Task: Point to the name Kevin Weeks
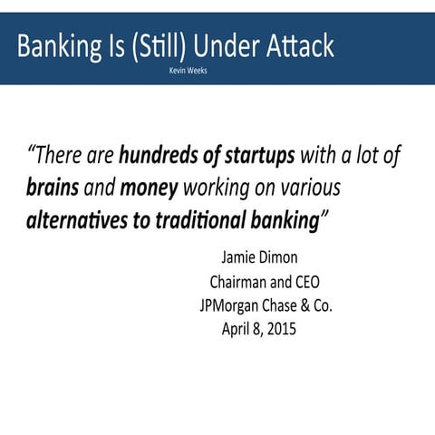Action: pyautogui.click(x=188, y=71)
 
